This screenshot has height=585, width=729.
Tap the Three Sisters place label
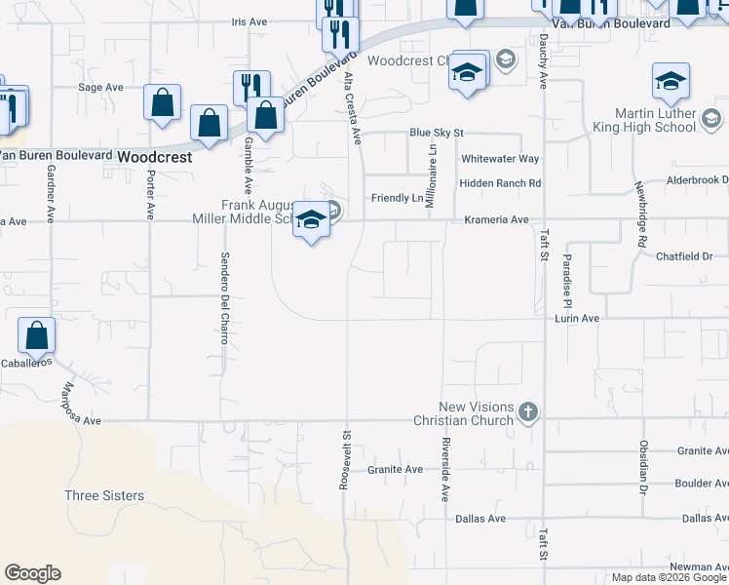click(x=104, y=495)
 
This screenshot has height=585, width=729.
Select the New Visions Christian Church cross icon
click(x=528, y=412)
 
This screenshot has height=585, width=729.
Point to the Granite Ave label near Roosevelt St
click(x=395, y=469)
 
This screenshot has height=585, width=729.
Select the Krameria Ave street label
click(x=499, y=220)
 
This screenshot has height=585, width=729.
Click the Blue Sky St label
click(x=436, y=133)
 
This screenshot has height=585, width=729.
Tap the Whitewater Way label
click(x=500, y=159)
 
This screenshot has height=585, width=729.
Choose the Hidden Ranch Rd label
click(x=499, y=183)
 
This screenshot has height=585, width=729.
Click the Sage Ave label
click(x=100, y=87)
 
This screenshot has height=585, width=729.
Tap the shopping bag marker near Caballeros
click(x=36, y=337)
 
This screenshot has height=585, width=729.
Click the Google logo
click(x=32, y=573)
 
